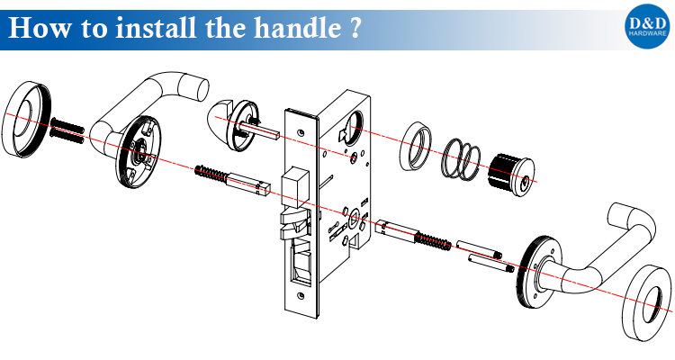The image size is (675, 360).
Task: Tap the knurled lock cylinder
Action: pyautogui.click(x=510, y=171)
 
